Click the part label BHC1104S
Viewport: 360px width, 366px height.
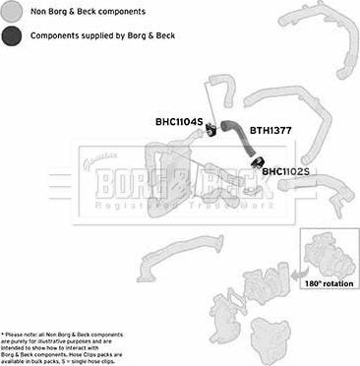tap(178, 122)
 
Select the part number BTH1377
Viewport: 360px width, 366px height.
tap(270, 129)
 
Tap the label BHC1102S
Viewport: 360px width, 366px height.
tap(285, 172)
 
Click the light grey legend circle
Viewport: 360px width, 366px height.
tap(13, 12)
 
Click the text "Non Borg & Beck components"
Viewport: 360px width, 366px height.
tap(89, 12)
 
